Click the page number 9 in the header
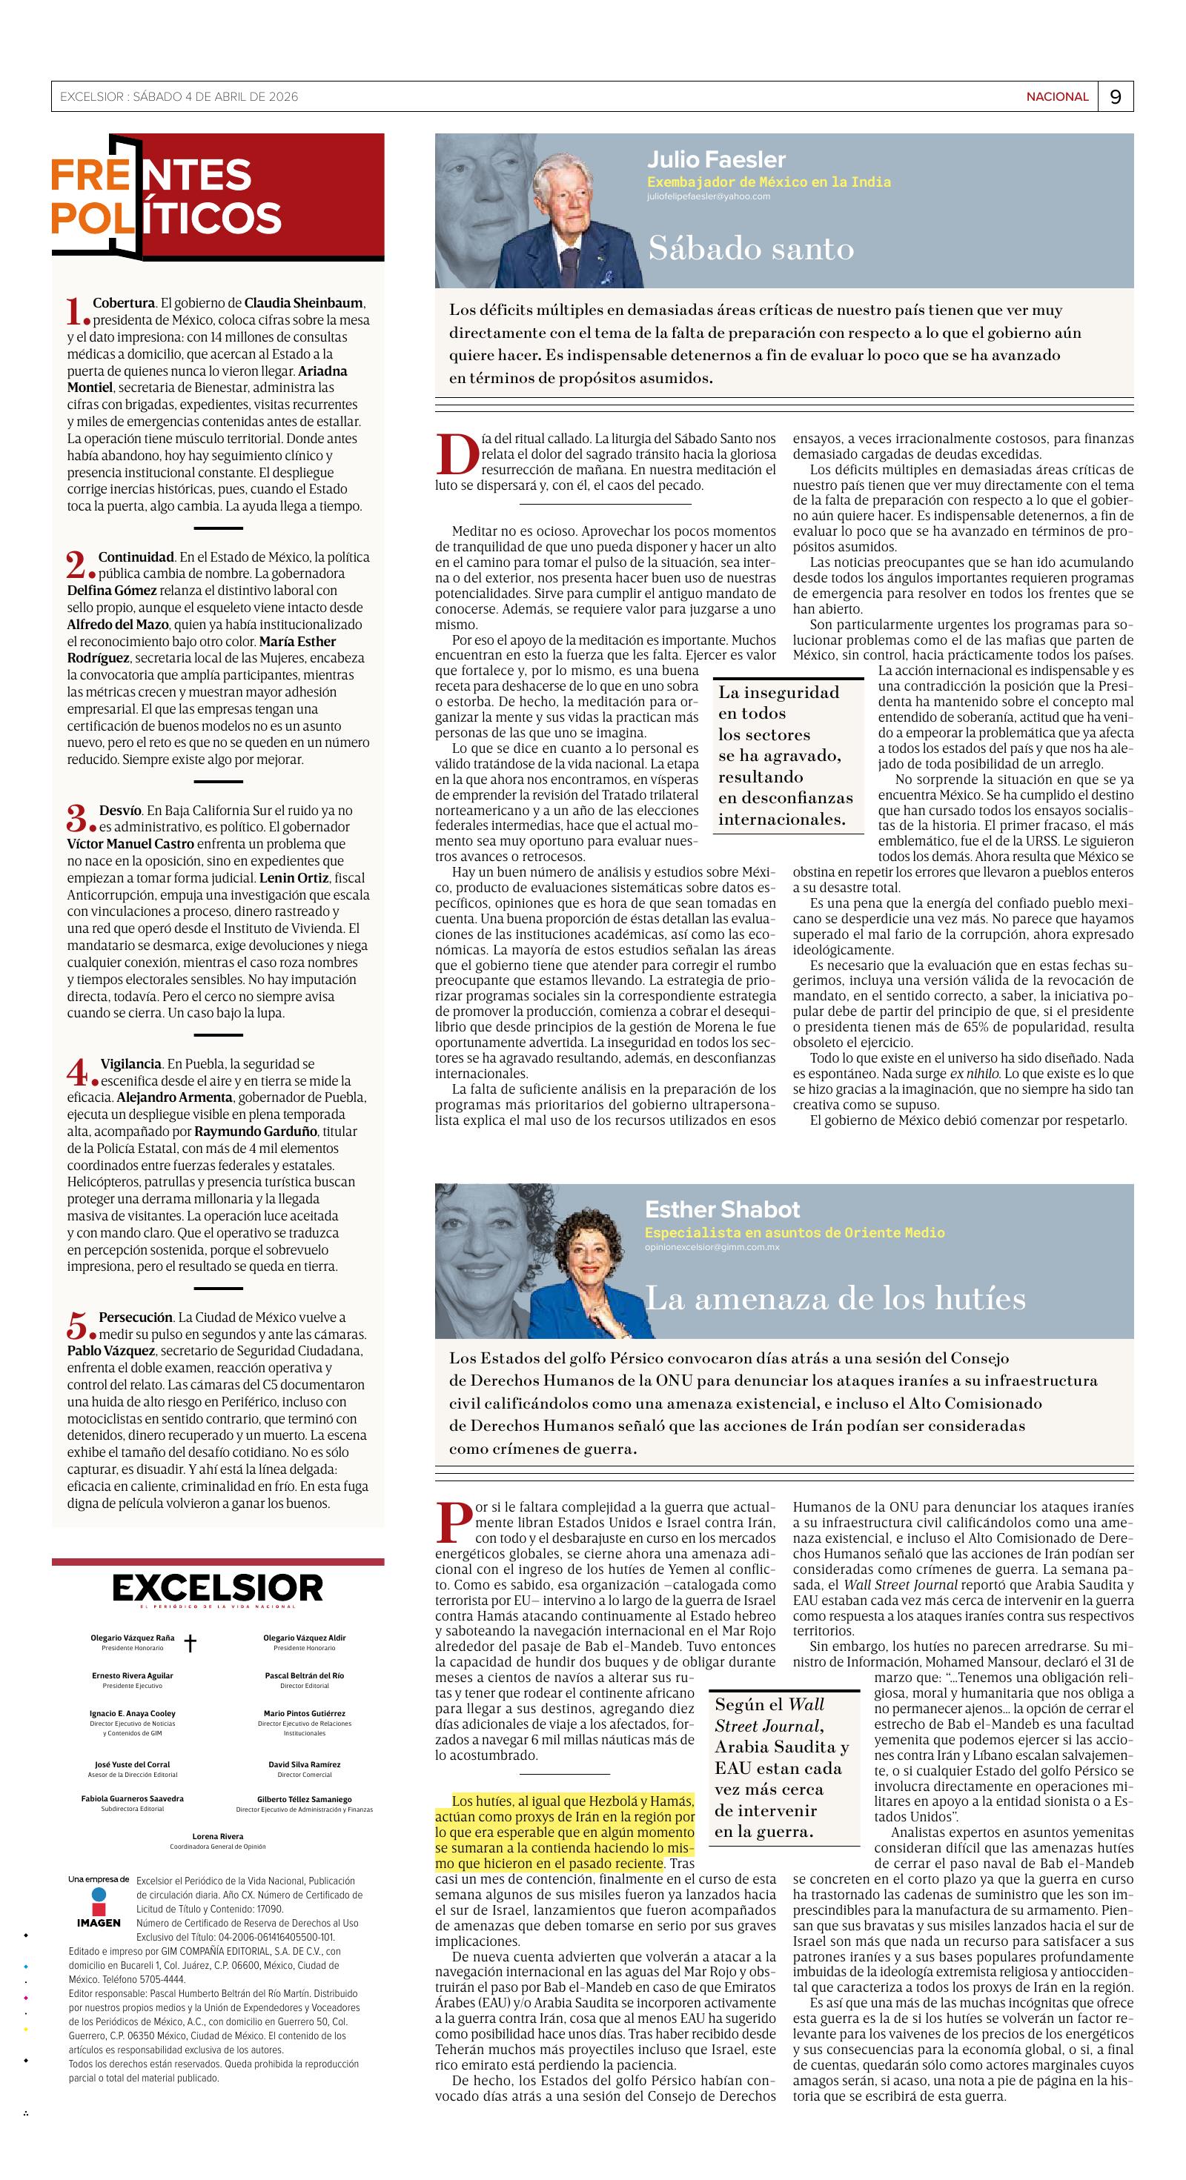[x=1115, y=97]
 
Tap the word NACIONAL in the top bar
[x=1057, y=97]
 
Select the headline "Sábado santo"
[x=751, y=248]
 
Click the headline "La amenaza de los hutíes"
[x=835, y=1298]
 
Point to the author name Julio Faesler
[x=716, y=160]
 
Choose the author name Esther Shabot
[x=722, y=1209]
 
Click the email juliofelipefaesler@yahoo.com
[x=709, y=196]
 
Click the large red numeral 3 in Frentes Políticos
[x=77, y=818]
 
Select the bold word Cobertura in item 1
[x=124, y=303]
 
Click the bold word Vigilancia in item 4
[x=131, y=1064]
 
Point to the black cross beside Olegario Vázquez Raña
[x=191, y=1643]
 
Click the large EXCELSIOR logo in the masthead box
[x=218, y=1589]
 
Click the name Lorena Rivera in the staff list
[x=218, y=1860]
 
